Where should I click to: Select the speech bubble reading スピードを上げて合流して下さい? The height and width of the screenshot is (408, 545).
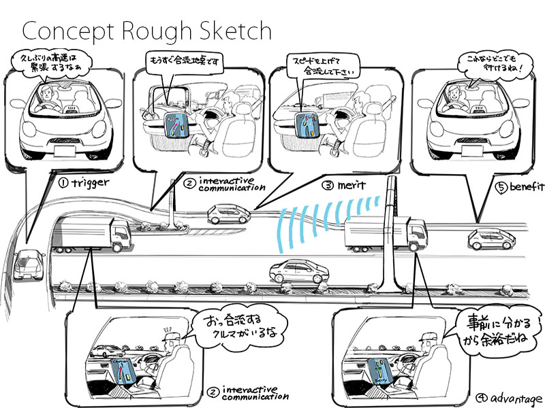(x=323, y=64)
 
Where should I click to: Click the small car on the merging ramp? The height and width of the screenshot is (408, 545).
(x=228, y=214)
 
